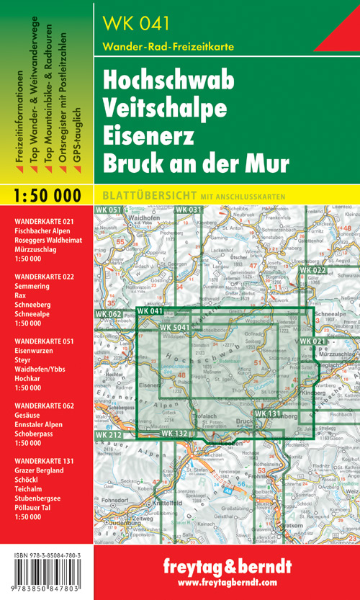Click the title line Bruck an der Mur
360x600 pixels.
click(195, 163)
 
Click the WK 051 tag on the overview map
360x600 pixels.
click(108, 210)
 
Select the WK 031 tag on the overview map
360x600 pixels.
click(189, 210)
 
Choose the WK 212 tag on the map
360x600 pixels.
click(107, 435)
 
